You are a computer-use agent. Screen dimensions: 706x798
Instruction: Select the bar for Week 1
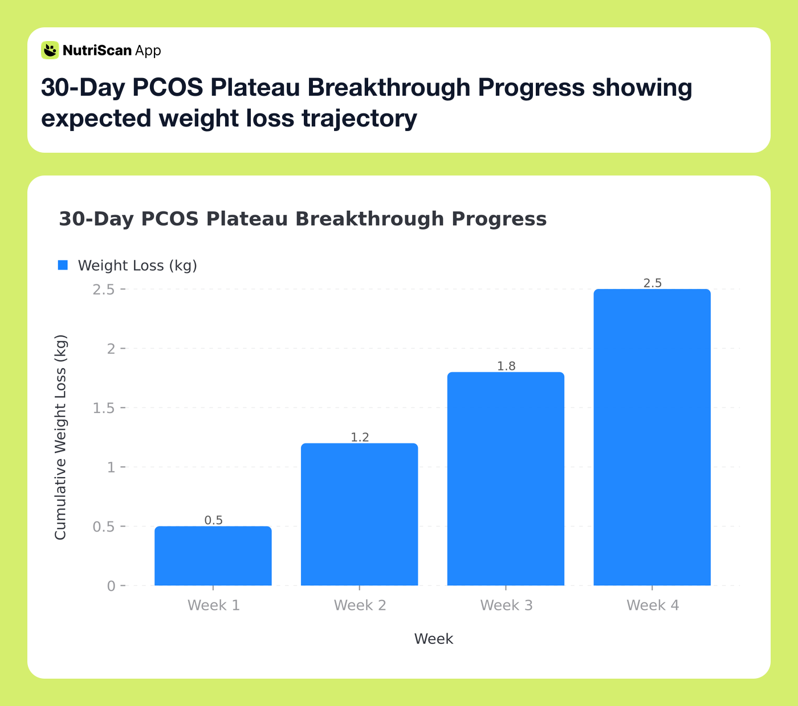click(x=213, y=556)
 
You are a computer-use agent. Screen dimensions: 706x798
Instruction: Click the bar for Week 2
click(x=359, y=514)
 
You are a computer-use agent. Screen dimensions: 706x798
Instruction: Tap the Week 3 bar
click(x=506, y=479)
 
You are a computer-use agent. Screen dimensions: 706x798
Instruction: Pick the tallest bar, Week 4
click(x=652, y=437)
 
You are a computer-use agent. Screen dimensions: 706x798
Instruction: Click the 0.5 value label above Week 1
click(x=213, y=520)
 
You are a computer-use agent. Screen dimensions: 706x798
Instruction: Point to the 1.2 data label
click(x=360, y=437)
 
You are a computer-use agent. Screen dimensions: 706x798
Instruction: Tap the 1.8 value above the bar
click(x=506, y=366)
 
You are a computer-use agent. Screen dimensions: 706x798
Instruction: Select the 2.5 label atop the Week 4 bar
click(x=652, y=283)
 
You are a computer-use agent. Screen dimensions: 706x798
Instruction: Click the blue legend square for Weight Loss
click(x=63, y=265)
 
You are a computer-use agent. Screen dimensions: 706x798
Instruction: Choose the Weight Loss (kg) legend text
click(x=137, y=266)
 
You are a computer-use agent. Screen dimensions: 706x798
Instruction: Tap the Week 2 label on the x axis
click(x=360, y=605)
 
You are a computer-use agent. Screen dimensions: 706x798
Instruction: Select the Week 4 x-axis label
click(x=653, y=605)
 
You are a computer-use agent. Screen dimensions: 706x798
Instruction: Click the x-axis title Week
click(x=433, y=639)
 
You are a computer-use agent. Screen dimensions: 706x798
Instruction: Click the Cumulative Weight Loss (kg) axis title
click(x=60, y=437)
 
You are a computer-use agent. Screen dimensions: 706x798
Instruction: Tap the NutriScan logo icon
click(x=50, y=50)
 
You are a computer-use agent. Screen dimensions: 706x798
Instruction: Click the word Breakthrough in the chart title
click(x=369, y=219)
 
